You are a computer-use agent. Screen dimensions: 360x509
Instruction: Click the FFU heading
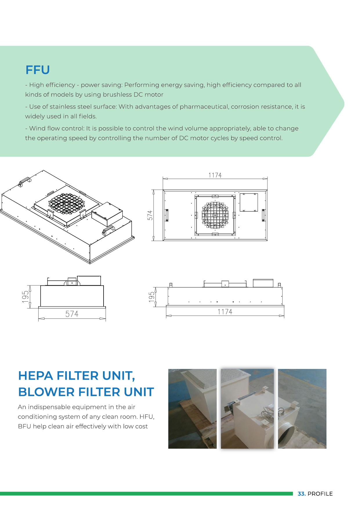point(38,70)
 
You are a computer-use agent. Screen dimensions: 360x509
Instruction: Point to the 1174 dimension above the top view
point(215,175)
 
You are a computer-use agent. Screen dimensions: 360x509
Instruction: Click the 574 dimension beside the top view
point(150,215)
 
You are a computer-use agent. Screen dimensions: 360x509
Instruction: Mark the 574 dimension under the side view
point(72,314)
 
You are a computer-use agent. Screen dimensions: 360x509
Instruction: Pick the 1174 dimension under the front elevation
point(225,312)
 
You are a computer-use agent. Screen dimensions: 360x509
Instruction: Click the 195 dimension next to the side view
point(26,296)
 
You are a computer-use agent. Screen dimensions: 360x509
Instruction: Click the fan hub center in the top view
point(215,215)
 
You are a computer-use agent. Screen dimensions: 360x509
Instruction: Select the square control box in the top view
point(249,202)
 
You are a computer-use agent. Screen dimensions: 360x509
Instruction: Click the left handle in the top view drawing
point(167,215)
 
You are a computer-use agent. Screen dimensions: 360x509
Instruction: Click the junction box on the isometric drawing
point(107,214)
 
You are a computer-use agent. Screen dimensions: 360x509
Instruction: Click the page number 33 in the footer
point(301,494)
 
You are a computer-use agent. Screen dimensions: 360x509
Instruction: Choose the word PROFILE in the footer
point(320,494)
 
